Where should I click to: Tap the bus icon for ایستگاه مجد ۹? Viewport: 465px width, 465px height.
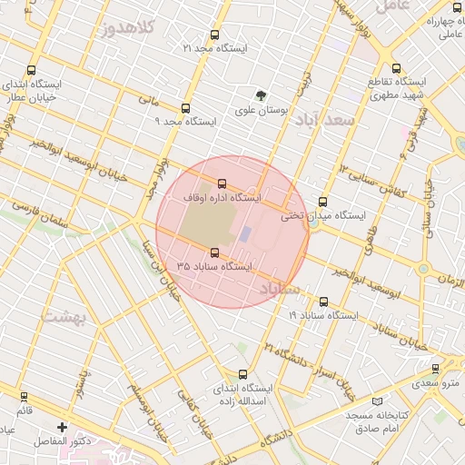pyautogui.click(x=186, y=107)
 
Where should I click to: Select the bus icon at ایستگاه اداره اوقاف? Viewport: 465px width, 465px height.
pyautogui.click(x=223, y=184)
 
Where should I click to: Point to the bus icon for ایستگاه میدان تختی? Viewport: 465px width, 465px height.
pyautogui.click(x=323, y=203)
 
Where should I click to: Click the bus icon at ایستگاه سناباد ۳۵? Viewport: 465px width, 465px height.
pyautogui.click(x=215, y=253)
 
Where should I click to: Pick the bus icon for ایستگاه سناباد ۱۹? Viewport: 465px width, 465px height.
pyautogui.click(x=323, y=302)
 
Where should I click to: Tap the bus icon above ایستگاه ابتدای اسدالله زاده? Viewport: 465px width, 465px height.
pyautogui.click(x=242, y=374)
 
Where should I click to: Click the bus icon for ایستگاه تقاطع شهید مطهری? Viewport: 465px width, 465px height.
pyautogui.click(x=395, y=68)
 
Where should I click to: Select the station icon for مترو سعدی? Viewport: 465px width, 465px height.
pyautogui.click(x=436, y=369)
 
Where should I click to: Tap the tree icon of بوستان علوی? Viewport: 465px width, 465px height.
pyautogui.click(x=262, y=94)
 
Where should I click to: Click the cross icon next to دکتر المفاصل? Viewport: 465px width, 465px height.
pyautogui.click(x=62, y=427)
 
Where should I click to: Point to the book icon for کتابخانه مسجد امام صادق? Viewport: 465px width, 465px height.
pyautogui.click(x=379, y=401)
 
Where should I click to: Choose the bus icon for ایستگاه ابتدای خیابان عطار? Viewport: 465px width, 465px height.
pyautogui.click(x=33, y=70)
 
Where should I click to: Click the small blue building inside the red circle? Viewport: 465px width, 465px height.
pyautogui.click(x=244, y=232)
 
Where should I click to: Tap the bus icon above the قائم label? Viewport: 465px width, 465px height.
pyautogui.click(x=24, y=396)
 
